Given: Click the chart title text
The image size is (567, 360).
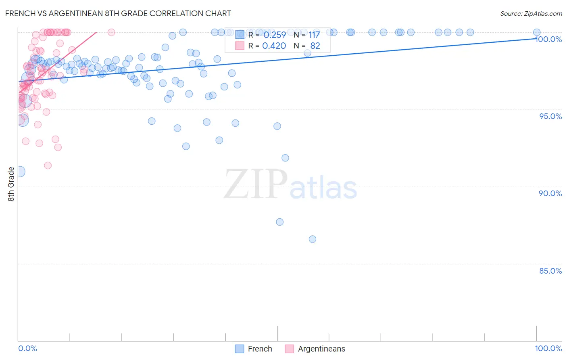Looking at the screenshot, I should [118, 13].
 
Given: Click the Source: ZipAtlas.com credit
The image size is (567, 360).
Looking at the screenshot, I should [531, 13].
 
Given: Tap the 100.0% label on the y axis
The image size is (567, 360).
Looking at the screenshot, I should [549, 39].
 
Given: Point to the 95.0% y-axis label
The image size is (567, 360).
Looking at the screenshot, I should [550, 116].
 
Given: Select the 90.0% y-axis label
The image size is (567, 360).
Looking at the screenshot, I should [550, 193].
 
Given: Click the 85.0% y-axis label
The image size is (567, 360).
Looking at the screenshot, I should [550, 271].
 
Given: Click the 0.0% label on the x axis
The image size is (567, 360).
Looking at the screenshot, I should [27, 348].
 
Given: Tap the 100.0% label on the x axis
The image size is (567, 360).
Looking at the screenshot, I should [548, 348].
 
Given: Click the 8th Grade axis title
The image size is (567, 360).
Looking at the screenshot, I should [11, 184].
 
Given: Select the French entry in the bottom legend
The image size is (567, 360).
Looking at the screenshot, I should [260, 349].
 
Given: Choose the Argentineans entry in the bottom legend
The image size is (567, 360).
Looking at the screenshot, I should [321, 349].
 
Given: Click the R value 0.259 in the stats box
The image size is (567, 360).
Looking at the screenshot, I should [274, 35].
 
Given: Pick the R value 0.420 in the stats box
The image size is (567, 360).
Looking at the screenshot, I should [274, 46].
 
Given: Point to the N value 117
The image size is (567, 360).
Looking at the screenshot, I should [314, 35].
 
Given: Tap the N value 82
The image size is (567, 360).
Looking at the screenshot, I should [315, 46].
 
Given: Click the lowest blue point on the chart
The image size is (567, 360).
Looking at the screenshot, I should [312, 239].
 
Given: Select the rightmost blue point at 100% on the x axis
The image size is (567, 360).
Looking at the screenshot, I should [537, 32].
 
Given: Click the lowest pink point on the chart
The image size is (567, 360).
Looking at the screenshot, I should [48, 165].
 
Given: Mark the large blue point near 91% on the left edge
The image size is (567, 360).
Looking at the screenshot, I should [19, 172].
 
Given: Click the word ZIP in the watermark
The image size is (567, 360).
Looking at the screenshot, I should [256, 184].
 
